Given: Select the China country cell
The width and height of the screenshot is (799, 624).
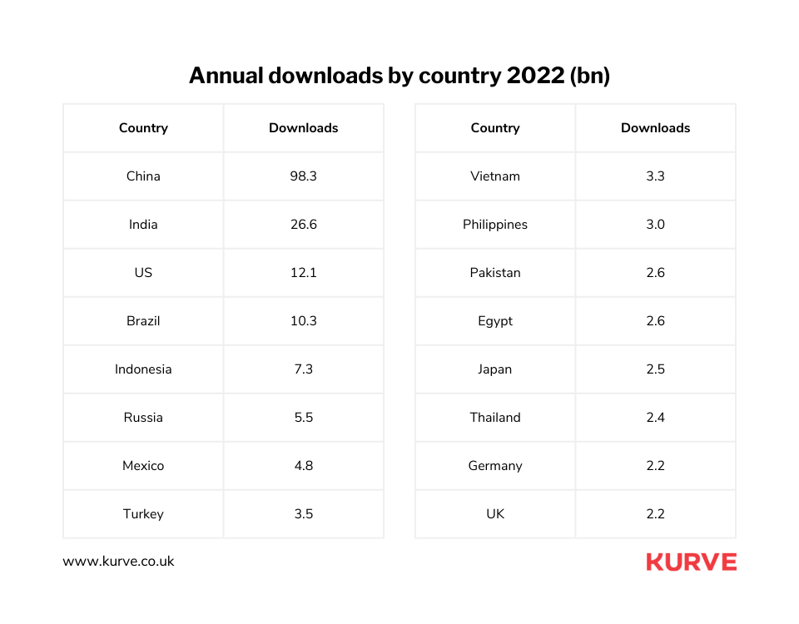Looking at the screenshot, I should tap(143, 176).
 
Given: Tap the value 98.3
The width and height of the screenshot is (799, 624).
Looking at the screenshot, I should tap(303, 176).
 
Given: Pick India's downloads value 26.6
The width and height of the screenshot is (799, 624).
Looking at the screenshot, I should tap(303, 225).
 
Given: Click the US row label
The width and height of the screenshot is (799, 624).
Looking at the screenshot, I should tap(143, 273).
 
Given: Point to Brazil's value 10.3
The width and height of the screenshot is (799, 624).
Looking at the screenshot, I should tap(303, 321).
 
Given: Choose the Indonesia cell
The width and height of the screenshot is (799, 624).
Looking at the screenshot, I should tap(143, 369).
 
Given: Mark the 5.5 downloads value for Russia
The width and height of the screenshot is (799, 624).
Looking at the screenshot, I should tap(303, 418).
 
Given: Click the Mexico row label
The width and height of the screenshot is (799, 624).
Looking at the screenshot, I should tap(143, 466).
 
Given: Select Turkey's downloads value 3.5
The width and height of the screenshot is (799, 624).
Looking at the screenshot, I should tap(303, 514).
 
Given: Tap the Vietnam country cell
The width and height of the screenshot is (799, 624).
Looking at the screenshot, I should tap(495, 176).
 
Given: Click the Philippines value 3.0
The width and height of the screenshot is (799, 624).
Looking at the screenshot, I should tap(655, 225).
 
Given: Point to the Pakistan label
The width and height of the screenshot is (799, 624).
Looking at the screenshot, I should tap(495, 273).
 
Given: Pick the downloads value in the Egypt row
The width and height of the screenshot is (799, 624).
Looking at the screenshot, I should tap(655, 321).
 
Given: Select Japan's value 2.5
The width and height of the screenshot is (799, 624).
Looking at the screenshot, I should tap(655, 369).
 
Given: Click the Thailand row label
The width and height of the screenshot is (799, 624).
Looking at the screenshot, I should tap(495, 418).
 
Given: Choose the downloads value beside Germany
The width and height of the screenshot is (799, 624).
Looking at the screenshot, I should tap(655, 466).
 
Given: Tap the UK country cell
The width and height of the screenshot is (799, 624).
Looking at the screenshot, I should tap(495, 514).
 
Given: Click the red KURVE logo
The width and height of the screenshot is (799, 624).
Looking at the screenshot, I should tap(691, 562).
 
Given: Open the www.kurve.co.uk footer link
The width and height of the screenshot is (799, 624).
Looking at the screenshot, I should tap(118, 562).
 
